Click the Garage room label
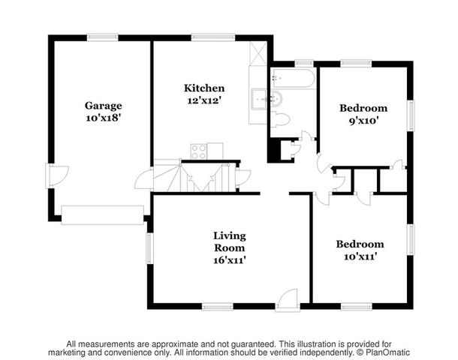[x=104, y=106]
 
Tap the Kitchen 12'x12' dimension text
[x=204, y=101]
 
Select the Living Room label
[x=230, y=241]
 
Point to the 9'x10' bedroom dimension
[x=364, y=121]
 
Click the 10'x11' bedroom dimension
[x=360, y=256]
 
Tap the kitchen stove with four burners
[x=199, y=151]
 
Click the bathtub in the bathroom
[x=293, y=78]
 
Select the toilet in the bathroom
[x=280, y=119]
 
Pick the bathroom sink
[x=276, y=99]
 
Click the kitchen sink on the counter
[x=259, y=99]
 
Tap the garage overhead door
[x=103, y=215]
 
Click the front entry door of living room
[x=288, y=301]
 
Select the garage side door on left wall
[x=57, y=175]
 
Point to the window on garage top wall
[x=103, y=38]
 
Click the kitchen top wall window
[x=213, y=38]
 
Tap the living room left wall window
[x=149, y=248]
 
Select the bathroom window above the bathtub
[x=304, y=64]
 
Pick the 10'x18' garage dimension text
[x=104, y=118]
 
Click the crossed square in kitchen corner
[x=258, y=53]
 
